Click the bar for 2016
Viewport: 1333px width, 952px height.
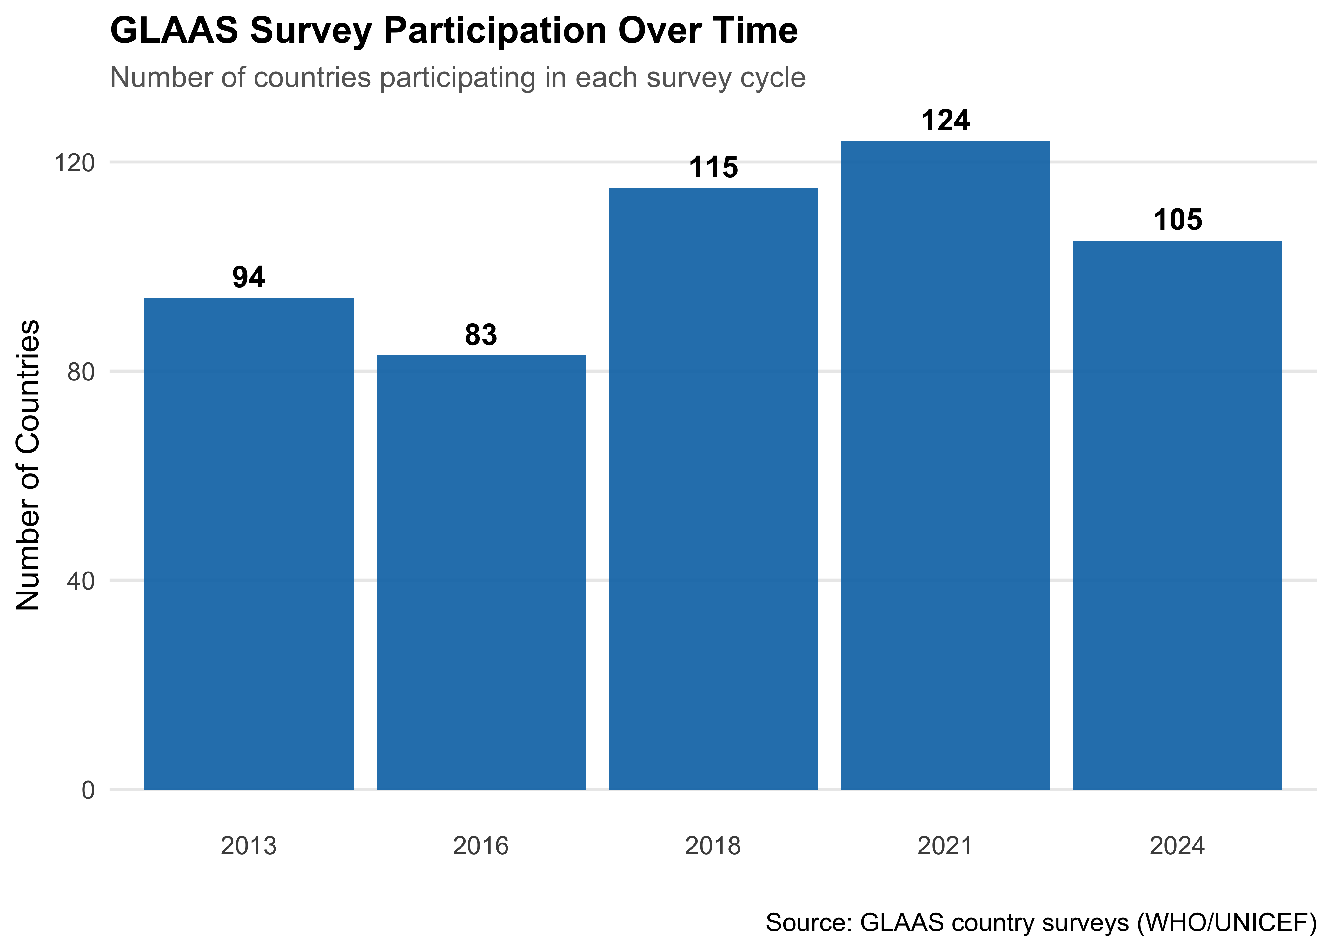pyautogui.click(x=481, y=572)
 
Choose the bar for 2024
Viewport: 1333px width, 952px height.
pyautogui.click(x=1177, y=515)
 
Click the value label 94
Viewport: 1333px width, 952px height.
pyautogui.click(x=249, y=277)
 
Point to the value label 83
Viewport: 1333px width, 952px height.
pyautogui.click(x=481, y=335)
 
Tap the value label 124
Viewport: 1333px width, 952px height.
pyautogui.click(x=945, y=121)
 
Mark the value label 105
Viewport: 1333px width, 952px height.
pyautogui.click(x=1177, y=221)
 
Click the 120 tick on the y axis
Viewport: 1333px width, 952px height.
pyautogui.click(x=75, y=162)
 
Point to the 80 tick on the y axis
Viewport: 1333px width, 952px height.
pyautogui.click(x=81, y=372)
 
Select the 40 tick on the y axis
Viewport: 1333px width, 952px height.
pyautogui.click(x=81, y=581)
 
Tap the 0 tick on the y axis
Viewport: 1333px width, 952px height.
pyautogui.click(x=88, y=790)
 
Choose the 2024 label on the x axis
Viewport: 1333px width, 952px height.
pyautogui.click(x=1177, y=846)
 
